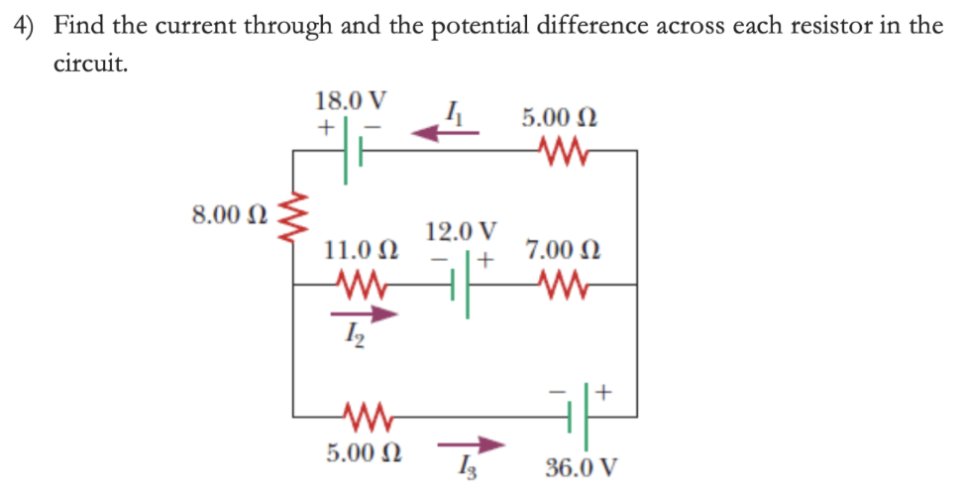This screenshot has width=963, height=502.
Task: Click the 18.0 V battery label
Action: click(352, 100)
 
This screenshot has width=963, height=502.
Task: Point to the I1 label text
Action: click(453, 110)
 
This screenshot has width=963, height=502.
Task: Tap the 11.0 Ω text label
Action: click(362, 253)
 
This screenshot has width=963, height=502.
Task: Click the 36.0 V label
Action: click(583, 466)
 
